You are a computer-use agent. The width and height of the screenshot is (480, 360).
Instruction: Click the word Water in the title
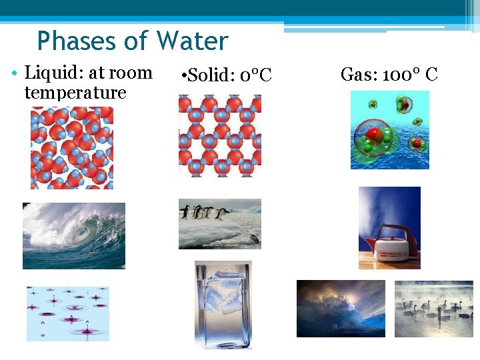(192, 41)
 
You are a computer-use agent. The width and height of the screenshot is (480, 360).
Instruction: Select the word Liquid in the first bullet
(48, 73)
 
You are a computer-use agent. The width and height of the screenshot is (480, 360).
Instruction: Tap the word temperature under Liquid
(75, 92)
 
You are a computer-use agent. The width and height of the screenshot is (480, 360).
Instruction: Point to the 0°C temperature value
(256, 75)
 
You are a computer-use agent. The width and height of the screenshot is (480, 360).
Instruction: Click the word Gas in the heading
(355, 74)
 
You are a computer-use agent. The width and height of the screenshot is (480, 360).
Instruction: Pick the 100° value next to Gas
(397, 74)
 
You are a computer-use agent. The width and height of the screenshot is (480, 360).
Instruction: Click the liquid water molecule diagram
(72, 148)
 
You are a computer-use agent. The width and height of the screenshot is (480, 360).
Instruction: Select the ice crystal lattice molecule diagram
(220, 135)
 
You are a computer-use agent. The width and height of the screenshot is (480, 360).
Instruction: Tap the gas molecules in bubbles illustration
(390, 130)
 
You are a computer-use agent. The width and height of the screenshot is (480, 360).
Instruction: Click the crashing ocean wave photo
(74, 235)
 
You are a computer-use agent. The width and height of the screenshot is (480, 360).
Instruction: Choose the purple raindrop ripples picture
(67, 313)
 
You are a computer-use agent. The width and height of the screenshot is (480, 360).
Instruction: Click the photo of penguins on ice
(220, 224)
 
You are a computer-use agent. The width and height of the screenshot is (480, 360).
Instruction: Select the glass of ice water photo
(223, 305)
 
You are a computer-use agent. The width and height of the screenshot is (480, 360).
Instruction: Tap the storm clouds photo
(341, 308)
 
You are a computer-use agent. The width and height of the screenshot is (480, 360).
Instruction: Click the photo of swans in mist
(433, 308)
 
